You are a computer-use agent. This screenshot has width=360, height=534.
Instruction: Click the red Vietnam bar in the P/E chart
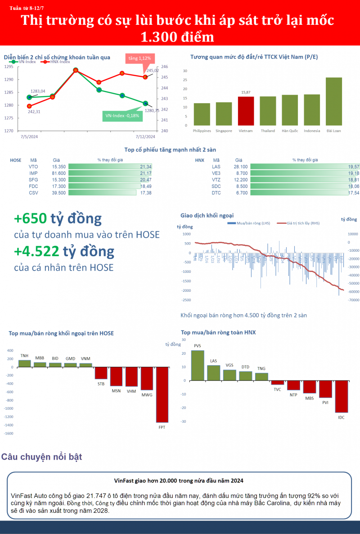[x=246, y=111]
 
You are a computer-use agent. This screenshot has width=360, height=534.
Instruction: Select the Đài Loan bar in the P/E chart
[x=333, y=101]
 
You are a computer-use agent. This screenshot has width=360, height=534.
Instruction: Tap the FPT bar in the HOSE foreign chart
[x=162, y=394]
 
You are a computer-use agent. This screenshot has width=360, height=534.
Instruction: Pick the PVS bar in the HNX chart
[x=198, y=365]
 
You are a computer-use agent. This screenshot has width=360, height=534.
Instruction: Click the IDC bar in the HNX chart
[x=341, y=396]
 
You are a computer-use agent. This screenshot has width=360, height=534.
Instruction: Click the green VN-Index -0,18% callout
[x=122, y=116]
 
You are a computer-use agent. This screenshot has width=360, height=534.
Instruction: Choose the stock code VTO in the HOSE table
[x=33, y=167]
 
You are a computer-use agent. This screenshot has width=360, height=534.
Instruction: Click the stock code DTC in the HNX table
[x=216, y=193]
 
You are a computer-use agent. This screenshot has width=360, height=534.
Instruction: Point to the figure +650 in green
[x=30, y=219]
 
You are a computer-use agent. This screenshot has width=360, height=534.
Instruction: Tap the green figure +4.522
[x=36, y=251]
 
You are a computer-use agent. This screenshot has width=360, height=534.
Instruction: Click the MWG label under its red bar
[x=147, y=395]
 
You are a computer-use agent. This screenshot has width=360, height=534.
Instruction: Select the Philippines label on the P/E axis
[x=202, y=131]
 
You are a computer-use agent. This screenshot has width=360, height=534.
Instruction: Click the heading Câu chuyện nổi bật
[x=41, y=457]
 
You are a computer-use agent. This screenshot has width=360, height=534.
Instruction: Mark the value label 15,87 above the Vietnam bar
[x=246, y=92]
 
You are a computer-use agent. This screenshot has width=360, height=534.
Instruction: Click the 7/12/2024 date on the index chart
[x=145, y=136]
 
